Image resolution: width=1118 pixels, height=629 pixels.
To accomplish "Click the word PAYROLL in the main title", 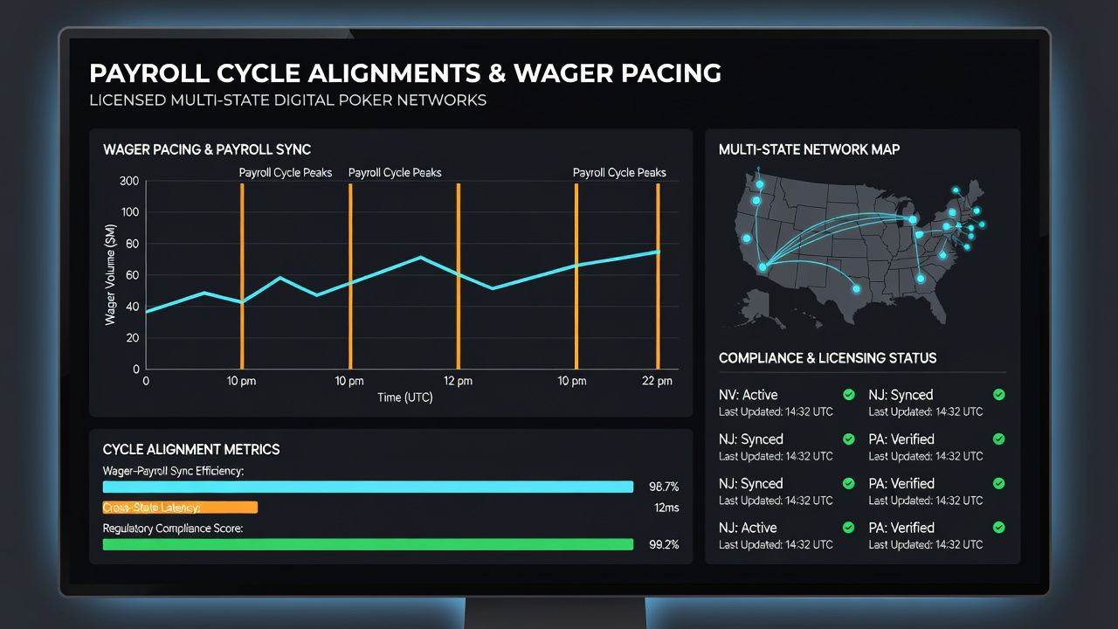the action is click(x=149, y=73).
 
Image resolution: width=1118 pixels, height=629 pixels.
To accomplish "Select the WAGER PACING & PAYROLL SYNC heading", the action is click(x=207, y=149).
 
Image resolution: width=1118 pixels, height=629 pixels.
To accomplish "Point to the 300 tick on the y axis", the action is click(x=129, y=181).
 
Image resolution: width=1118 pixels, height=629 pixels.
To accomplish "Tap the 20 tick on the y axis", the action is click(x=132, y=338).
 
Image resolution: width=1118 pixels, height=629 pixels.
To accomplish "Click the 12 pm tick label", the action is click(x=458, y=382).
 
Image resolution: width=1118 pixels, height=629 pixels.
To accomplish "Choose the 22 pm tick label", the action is click(x=657, y=382).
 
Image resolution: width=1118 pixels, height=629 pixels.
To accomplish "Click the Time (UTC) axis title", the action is click(x=404, y=397).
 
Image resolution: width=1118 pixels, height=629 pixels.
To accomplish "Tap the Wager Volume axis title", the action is click(x=110, y=275).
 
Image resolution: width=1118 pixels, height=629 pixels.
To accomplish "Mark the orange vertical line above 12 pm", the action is click(x=459, y=276).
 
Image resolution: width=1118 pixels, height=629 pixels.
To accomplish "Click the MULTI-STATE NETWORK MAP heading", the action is click(x=809, y=149).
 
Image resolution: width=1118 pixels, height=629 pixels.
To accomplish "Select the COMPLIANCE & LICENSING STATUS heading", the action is click(x=827, y=358).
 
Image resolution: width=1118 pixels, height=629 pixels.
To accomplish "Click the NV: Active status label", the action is click(x=749, y=395).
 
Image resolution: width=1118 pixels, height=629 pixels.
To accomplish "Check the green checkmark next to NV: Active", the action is click(x=848, y=395).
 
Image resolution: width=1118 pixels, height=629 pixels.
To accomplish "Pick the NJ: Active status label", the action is click(x=748, y=528).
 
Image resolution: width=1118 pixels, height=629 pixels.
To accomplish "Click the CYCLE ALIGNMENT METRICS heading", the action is click(x=191, y=449).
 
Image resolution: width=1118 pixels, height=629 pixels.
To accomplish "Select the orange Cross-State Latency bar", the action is click(x=180, y=508).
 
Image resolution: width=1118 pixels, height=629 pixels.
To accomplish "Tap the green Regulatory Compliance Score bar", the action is click(x=368, y=544).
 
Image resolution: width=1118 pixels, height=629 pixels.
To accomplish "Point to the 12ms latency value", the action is click(x=666, y=508).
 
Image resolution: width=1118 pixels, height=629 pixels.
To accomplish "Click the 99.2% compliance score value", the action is click(x=664, y=544).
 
